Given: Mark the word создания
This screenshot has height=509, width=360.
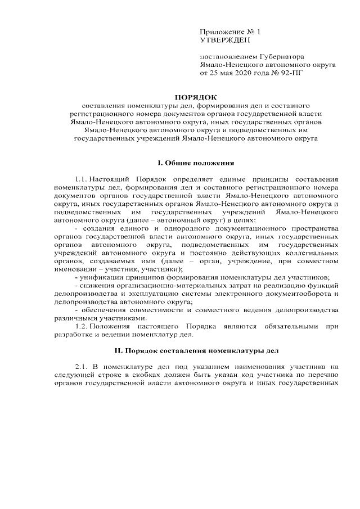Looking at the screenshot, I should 100,228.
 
